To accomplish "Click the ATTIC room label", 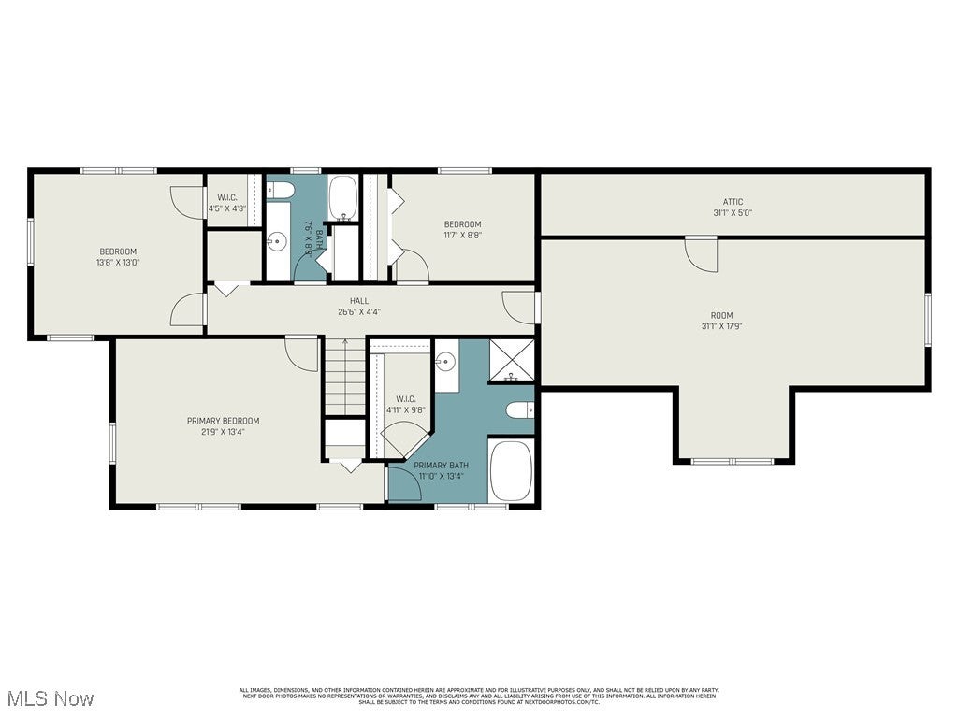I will pyautogui.click(x=733, y=202).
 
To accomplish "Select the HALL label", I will pyautogui.click(x=359, y=301).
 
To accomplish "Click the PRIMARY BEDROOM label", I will pyautogui.click(x=223, y=421).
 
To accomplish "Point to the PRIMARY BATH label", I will pyautogui.click(x=441, y=465).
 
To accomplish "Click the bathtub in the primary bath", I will pyautogui.click(x=511, y=470).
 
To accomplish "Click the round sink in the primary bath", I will pyautogui.click(x=445, y=361).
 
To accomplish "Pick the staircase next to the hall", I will pyautogui.click(x=345, y=376).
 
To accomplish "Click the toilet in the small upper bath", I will pyautogui.click(x=282, y=192).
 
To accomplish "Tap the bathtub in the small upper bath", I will pyautogui.click(x=342, y=198).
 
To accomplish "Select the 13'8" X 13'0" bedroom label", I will pyautogui.click(x=118, y=257).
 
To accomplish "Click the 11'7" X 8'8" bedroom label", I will pyautogui.click(x=462, y=230).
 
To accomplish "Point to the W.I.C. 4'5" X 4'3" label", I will pyautogui.click(x=226, y=203).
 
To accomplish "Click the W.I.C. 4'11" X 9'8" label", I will pyautogui.click(x=405, y=404).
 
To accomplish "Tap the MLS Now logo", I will pyautogui.click(x=49, y=698).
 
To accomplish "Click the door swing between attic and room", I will pyautogui.click(x=702, y=253).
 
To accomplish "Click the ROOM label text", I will pyautogui.click(x=721, y=315).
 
